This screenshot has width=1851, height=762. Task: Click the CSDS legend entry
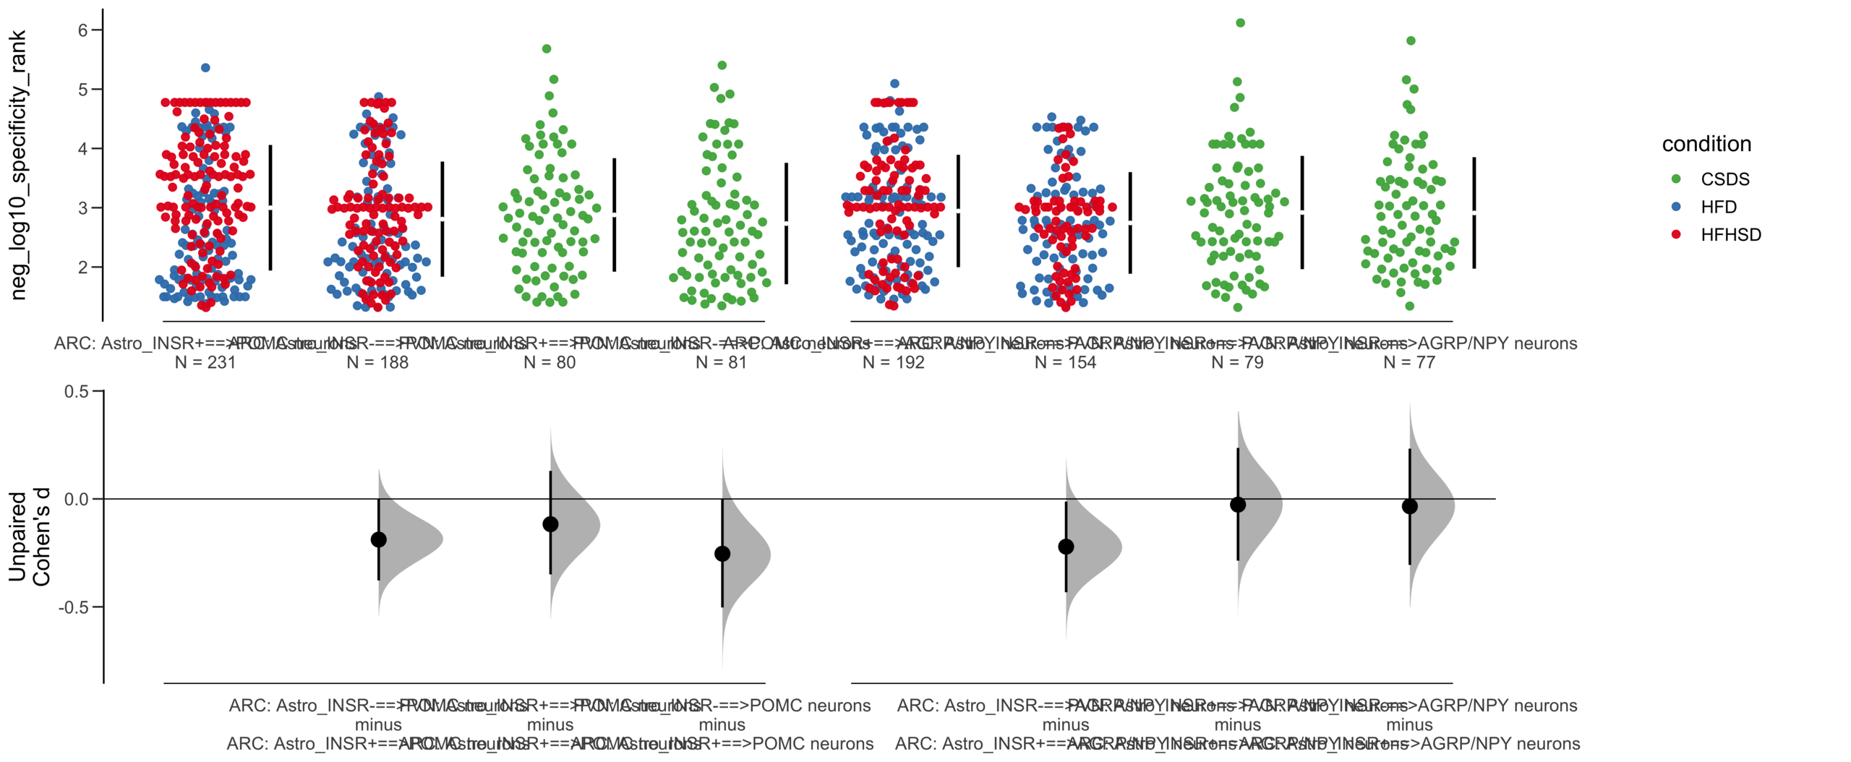pyautogui.click(x=1724, y=179)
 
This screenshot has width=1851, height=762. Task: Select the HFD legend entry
pyautogui.click(x=1718, y=207)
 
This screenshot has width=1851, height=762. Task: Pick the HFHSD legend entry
pyautogui.click(x=1730, y=234)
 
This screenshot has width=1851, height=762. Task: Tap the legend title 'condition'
pyautogui.click(x=1706, y=144)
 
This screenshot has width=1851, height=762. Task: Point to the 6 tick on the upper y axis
pyautogui.click(x=83, y=30)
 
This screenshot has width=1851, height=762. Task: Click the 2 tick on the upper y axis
pyautogui.click(x=83, y=267)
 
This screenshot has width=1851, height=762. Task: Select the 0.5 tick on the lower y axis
pyautogui.click(x=77, y=391)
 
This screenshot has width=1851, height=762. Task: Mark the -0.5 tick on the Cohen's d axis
pyautogui.click(x=74, y=607)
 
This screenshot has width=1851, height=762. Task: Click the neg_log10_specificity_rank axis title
pyautogui.click(x=18, y=165)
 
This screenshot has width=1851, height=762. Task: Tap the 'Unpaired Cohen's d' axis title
pyautogui.click(x=29, y=537)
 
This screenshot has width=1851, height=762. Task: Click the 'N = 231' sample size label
pyautogui.click(x=205, y=362)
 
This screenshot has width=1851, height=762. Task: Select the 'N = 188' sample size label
pyautogui.click(x=377, y=362)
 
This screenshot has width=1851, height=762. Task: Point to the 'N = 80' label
pyautogui.click(x=550, y=362)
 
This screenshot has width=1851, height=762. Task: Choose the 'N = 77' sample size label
pyautogui.click(x=1409, y=362)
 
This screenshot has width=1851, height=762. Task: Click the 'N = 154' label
pyautogui.click(x=1065, y=362)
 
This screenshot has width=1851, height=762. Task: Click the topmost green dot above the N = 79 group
pyautogui.click(x=1240, y=22)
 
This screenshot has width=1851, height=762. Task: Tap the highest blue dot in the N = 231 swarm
pyautogui.click(x=205, y=67)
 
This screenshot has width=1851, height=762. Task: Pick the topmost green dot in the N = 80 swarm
pyautogui.click(x=547, y=48)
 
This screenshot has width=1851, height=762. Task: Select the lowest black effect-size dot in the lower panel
pyautogui.click(x=722, y=554)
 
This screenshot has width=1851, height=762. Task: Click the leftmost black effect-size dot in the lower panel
pyautogui.click(x=378, y=539)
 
